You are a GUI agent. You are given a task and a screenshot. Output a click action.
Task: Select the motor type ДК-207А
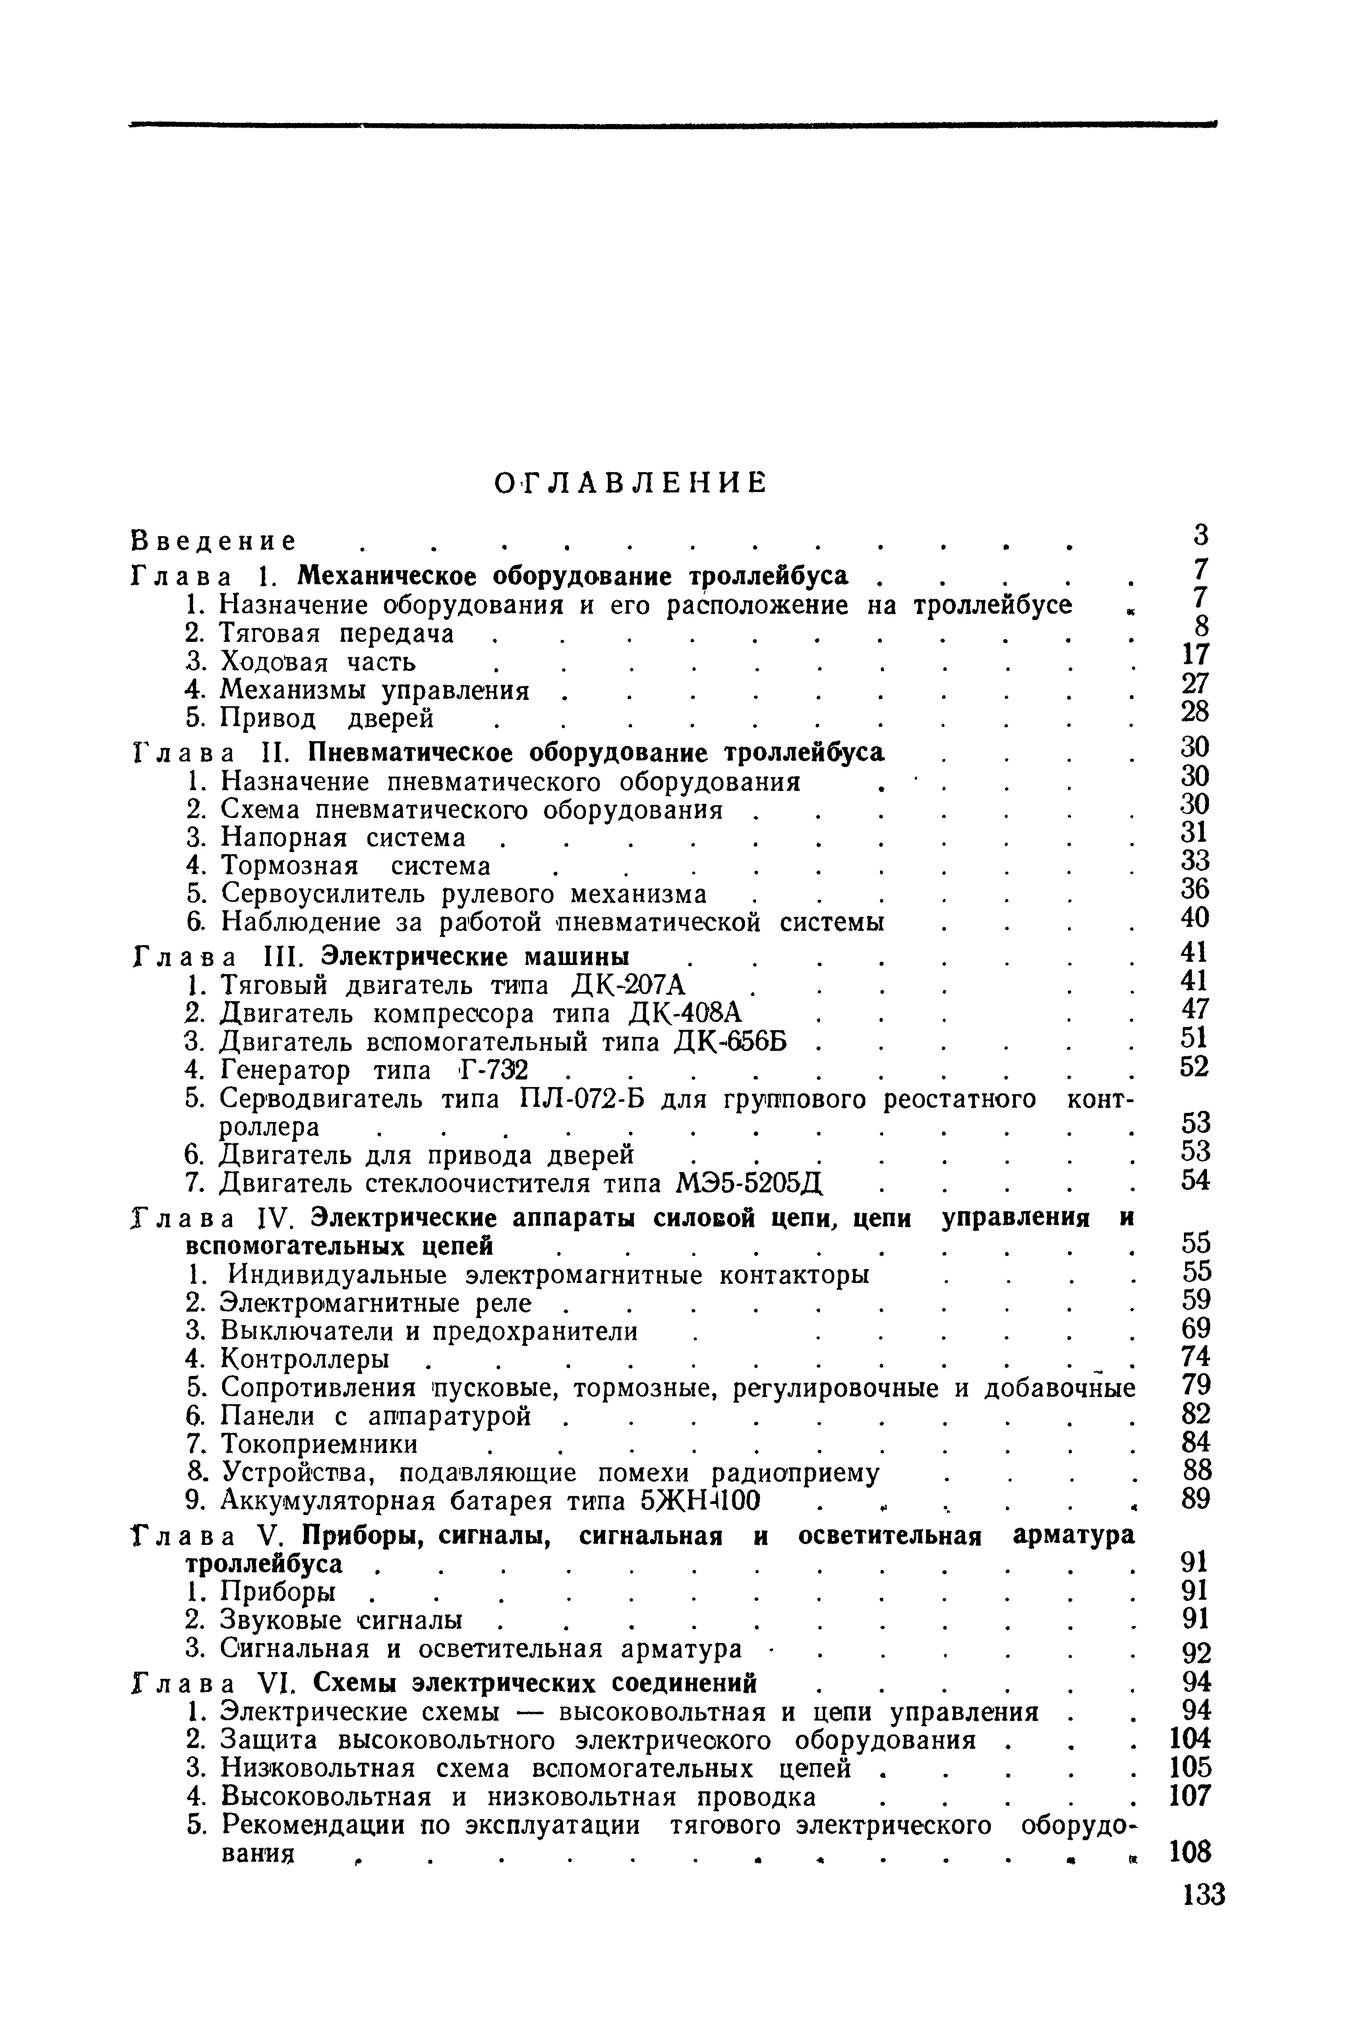pos(629,984)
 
